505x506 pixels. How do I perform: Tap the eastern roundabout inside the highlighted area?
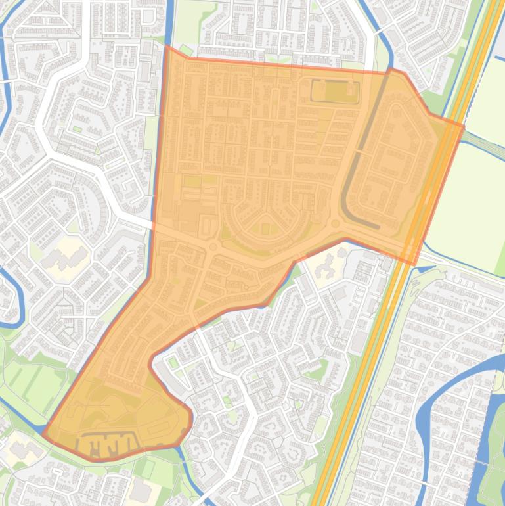tap(336, 224)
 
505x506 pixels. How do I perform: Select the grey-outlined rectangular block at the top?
tap(336, 91)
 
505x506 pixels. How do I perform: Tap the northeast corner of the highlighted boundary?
tap(464, 125)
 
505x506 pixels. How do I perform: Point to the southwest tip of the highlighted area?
tap(44, 434)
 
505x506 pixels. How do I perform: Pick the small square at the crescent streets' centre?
tap(265, 228)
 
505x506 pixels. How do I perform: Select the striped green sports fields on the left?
tap(33, 384)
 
